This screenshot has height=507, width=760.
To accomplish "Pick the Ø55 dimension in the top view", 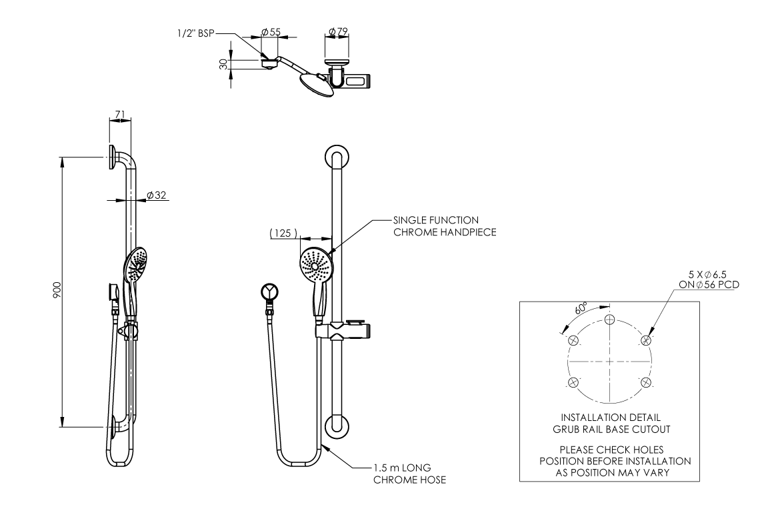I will point(270,31).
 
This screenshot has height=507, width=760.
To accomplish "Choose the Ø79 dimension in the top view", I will point(339,31).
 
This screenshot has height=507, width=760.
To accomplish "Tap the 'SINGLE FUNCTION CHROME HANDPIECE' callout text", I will point(435,225).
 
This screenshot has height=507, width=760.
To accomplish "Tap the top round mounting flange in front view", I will point(336,157).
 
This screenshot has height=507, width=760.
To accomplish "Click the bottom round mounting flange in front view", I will point(336,427).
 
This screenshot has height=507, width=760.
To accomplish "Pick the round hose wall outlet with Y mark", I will point(270,291).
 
